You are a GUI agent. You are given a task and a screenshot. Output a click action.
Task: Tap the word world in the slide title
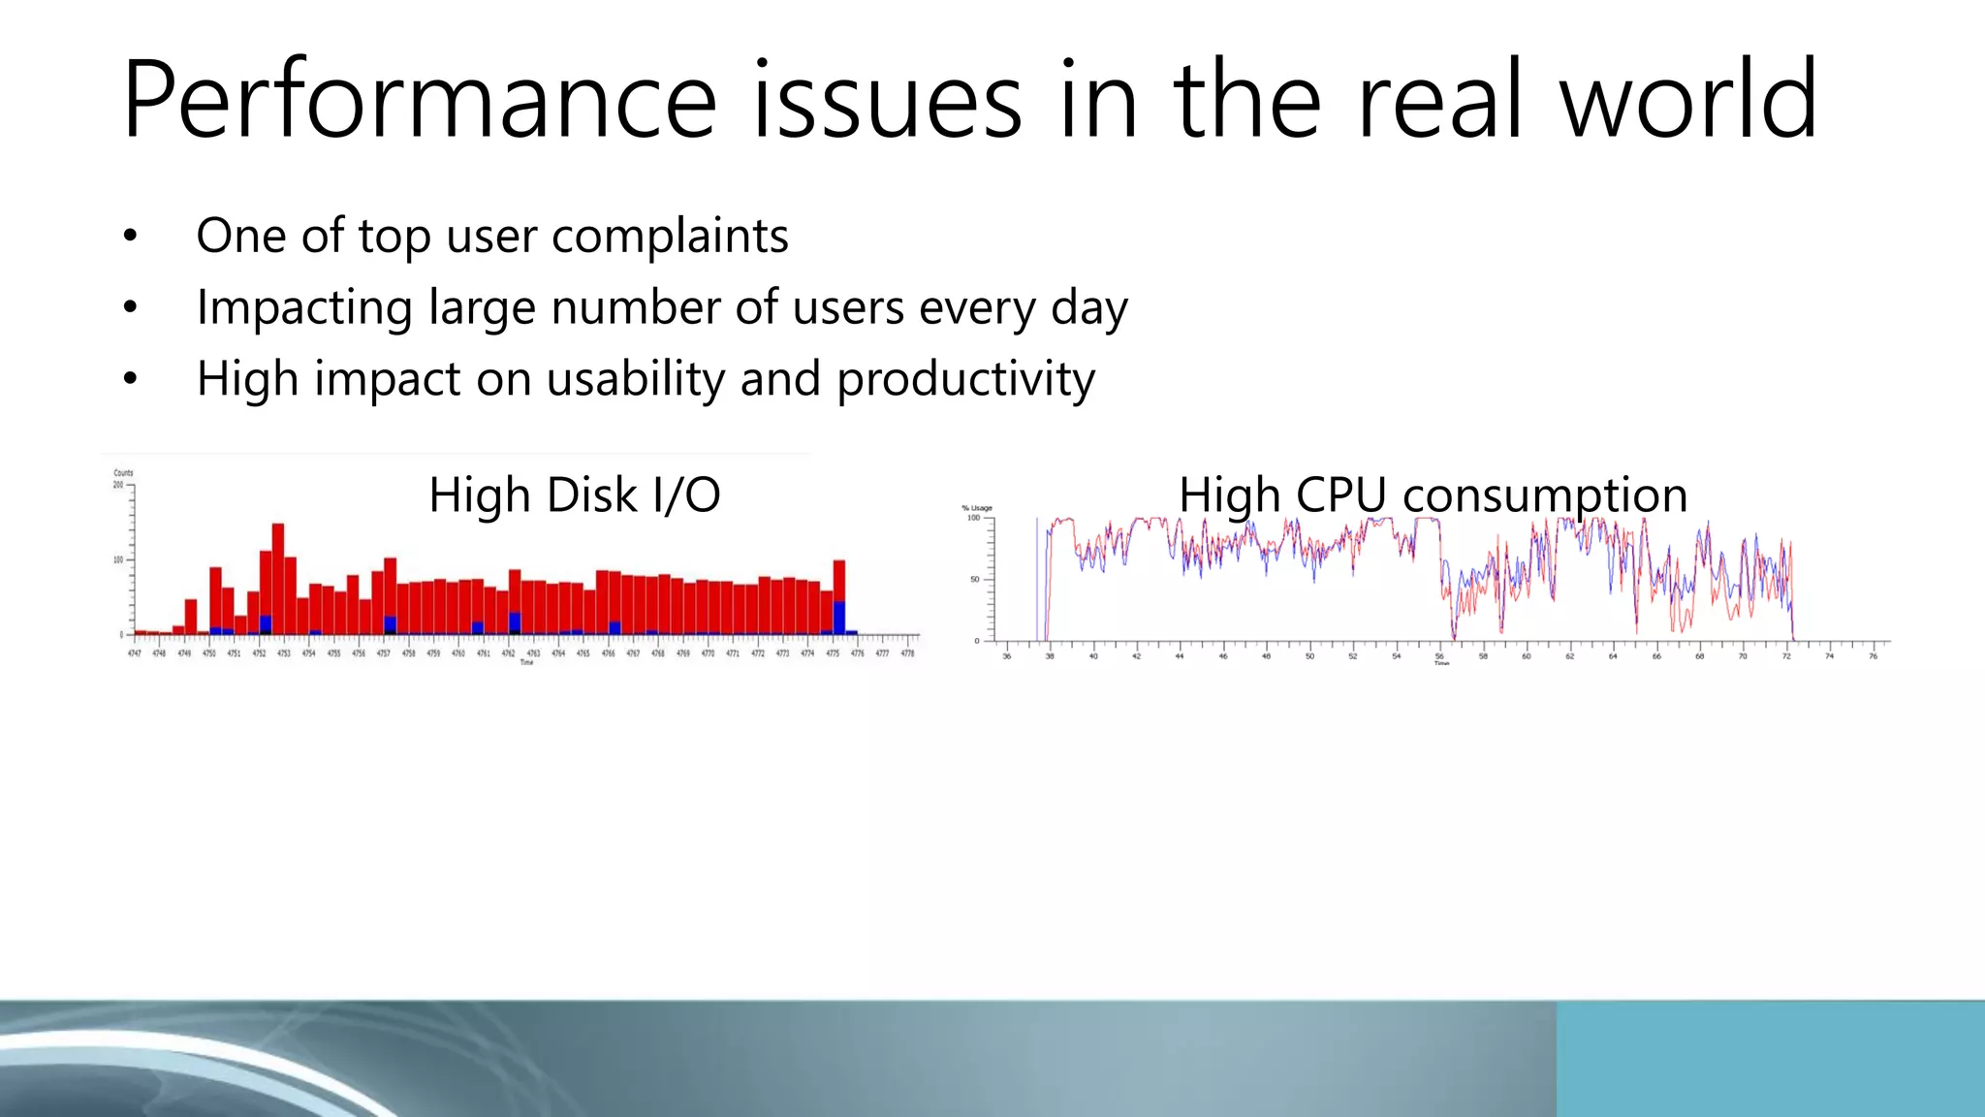1687,100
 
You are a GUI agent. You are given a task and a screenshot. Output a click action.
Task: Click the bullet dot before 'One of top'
131,236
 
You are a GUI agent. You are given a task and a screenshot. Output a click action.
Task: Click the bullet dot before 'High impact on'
131,379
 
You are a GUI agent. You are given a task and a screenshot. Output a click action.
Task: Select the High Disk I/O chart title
574,495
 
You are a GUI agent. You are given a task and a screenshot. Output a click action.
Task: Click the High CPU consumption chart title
1433,495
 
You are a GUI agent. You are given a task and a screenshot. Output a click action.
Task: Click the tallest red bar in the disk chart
278,579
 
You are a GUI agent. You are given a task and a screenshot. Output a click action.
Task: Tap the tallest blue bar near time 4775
839,618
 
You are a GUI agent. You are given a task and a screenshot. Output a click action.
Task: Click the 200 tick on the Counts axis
118,485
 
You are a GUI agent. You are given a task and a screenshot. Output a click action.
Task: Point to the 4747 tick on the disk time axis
135,654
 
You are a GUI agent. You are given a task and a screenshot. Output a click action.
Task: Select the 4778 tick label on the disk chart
907,654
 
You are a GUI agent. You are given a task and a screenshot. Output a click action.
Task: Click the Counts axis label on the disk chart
123,473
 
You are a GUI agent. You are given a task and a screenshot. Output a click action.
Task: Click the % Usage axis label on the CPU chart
976,508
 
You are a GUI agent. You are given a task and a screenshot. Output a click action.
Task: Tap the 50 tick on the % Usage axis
974,580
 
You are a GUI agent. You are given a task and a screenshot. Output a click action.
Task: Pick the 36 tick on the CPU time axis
1006,656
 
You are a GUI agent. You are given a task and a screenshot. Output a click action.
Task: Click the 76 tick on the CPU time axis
1873,656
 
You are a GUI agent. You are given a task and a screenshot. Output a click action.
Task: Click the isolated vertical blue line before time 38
1037,579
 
